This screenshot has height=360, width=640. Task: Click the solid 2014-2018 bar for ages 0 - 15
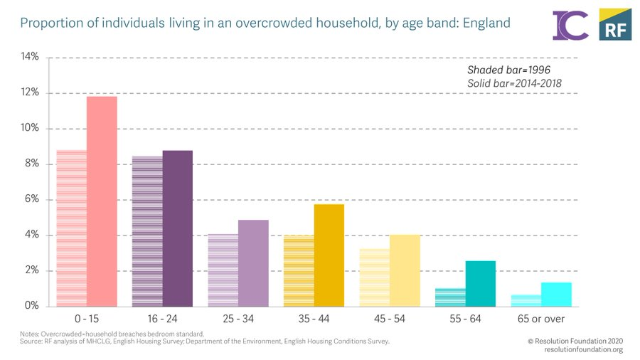(x=102, y=201)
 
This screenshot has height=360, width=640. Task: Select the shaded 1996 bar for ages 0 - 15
(x=71, y=228)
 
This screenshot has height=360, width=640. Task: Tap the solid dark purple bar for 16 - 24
(x=177, y=228)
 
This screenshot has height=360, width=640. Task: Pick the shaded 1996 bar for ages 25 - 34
(x=223, y=270)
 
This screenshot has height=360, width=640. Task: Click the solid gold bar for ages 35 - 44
(x=329, y=255)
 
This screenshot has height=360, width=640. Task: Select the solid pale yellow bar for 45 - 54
(x=405, y=270)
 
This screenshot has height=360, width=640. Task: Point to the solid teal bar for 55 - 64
(x=481, y=284)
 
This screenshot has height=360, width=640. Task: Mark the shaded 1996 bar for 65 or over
(x=526, y=301)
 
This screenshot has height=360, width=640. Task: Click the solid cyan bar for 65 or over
(x=556, y=295)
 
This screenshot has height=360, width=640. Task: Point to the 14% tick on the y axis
(x=29, y=58)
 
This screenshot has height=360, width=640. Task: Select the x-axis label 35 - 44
(x=314, y=319)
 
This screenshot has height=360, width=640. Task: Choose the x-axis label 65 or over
(x=541, y=319)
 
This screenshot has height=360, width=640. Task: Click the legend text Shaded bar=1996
(x=508, y=70)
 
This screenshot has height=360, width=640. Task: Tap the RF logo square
(x=615, y=24)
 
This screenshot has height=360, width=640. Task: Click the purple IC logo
(x=570, y=25)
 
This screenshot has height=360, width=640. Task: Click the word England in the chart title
(x=486, y=23)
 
